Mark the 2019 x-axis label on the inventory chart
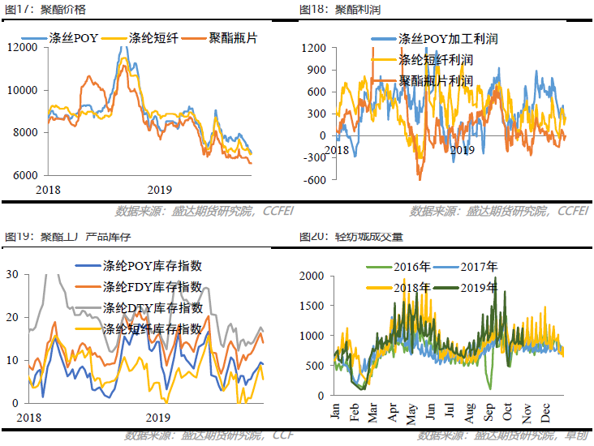(x=157, y=418)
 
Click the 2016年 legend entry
(x=412, y=266)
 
